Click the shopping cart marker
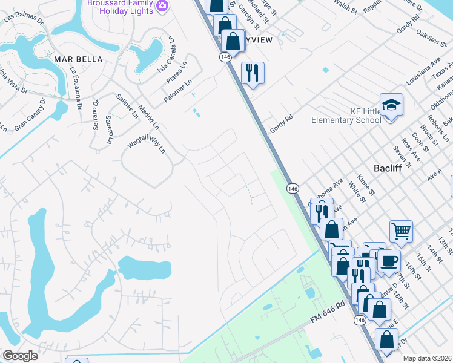[400, 231]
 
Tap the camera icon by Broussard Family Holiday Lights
[162, 6]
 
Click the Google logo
[21, 356]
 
